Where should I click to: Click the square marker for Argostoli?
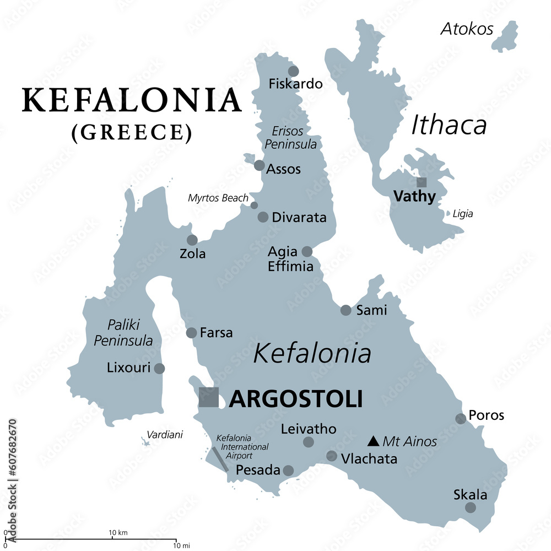(x=209, y=397)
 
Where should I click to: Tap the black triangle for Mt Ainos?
(x=373, y=441)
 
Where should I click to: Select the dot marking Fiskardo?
(x=293, y=71)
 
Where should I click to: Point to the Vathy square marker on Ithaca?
(x=421, y=182)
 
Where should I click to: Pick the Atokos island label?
(x=467, y=29)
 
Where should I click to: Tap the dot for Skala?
(x=470, y=507)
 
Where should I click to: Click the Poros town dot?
(x=461, y=419)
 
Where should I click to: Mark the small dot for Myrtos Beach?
(x=254, y=205)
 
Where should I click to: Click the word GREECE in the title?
(x=132, y=133)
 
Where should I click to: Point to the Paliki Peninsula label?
(x=123, y=333)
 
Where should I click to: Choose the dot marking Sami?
(x=345, y=310)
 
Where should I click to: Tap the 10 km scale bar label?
(x=118, y=533)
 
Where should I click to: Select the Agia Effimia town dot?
(x=307, y=252)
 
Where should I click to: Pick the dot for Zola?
(x=192, y=240)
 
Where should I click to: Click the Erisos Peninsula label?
(x=291, y=138)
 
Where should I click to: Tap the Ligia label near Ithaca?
(x=463, y=214)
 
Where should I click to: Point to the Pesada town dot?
(x=288, y=471)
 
